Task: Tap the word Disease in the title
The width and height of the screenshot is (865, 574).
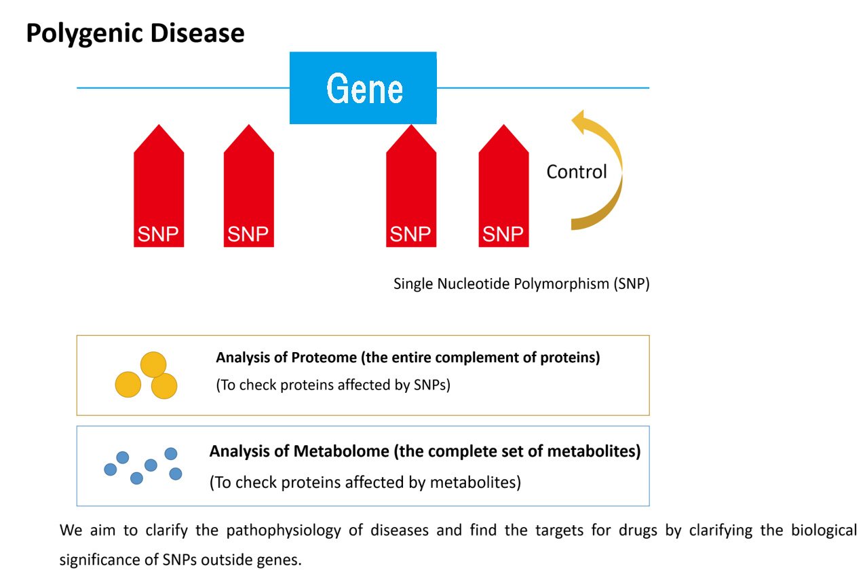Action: pyautogui.click(x=197, y=33)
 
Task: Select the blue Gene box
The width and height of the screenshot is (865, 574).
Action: pyautogui.click(x=363, y=88)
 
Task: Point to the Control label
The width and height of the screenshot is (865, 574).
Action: pyautogui.click(x=577, y=172)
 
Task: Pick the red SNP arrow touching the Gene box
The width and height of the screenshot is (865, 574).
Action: pyautogui.click(x=411, y=185)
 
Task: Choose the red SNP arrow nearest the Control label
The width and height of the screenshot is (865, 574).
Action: pyautogui.click(x=503, y=185)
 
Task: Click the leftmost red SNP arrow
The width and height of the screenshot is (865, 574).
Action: pyautogui.click(x=159, y=185)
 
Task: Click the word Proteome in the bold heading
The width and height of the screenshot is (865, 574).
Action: pyautogui.click(x=324, y=358)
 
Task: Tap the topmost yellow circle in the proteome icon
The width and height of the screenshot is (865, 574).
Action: pyautogui.click(x=153, y=364)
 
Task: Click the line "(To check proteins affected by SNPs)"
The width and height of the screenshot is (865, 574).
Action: pyautogui.click(x=333, y=385)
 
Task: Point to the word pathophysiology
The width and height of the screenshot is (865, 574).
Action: pyautogui.click(x=284, y=531)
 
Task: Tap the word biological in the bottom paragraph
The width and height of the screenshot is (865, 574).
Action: pyautogui.click(x=824, y=531)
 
